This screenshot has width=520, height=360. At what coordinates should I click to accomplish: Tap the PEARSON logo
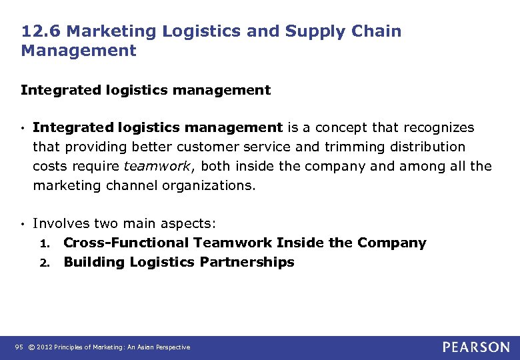pos(475,347)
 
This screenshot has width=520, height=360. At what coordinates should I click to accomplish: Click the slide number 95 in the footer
pos(18,347)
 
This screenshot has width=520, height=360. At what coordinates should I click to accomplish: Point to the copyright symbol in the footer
pos(31,347)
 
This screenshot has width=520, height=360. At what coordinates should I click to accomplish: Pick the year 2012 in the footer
pos(44,347)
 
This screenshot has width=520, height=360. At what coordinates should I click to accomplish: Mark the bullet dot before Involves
pos(23,224)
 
